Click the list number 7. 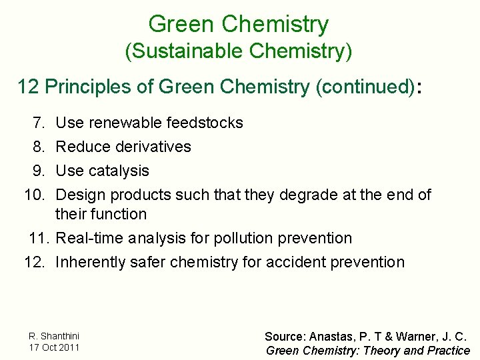pos(38,123)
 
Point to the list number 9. pos(38,171)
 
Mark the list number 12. pos(35,262)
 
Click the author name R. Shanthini pos(54,336)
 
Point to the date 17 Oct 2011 pos(54,347)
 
